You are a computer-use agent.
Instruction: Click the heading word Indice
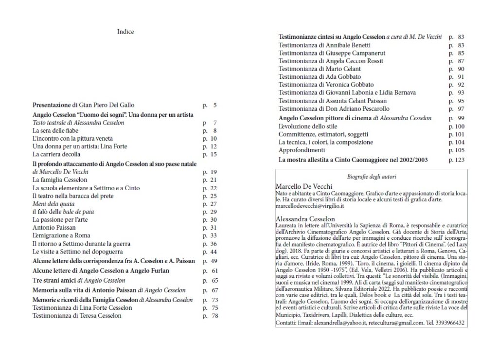[x=125, y=32]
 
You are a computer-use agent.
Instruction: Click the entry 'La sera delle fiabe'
[x=55, y=131]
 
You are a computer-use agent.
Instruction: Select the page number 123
[x=458, y=160]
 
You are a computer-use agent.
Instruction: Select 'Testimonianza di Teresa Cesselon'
[x=77, y=316]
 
